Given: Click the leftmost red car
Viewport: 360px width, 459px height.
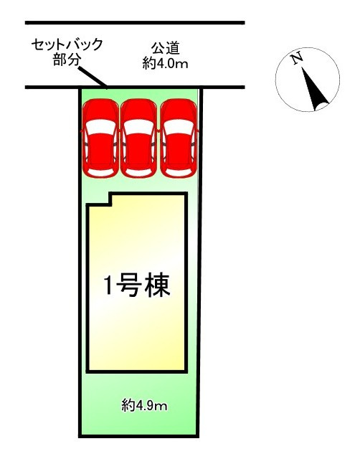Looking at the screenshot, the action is point(100,138).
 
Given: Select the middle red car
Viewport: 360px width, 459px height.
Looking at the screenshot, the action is point(138,138).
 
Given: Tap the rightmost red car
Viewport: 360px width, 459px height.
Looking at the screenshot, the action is point(179,138).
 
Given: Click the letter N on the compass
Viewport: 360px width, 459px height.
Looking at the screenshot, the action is point(298,58).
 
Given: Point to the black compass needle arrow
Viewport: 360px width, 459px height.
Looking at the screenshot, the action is point(315,89).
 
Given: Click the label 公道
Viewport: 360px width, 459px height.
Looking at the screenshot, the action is point(166,48).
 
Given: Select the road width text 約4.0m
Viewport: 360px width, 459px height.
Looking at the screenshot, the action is point(166,64).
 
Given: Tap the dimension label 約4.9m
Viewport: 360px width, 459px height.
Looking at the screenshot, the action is point(144,406).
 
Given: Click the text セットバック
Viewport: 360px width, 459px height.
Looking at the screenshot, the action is point(67,44).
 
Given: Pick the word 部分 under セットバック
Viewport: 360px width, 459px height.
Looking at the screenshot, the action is point(67,60).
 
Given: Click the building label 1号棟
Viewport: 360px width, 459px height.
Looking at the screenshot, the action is point(137,285).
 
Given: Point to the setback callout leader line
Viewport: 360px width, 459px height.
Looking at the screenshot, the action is point(93,77).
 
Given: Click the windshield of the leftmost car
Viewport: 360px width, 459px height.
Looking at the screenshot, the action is point(100,127).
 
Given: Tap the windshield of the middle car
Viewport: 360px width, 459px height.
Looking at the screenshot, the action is point(138,127).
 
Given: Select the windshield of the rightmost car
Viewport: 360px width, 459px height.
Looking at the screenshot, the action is point(179,127).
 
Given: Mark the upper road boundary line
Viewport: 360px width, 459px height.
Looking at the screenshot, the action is point(135,22).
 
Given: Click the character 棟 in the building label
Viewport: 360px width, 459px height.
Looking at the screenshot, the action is point(158,285).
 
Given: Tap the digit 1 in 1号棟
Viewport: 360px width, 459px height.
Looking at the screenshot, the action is point(108,285).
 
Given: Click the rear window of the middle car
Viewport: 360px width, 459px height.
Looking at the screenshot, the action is point(138,173).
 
